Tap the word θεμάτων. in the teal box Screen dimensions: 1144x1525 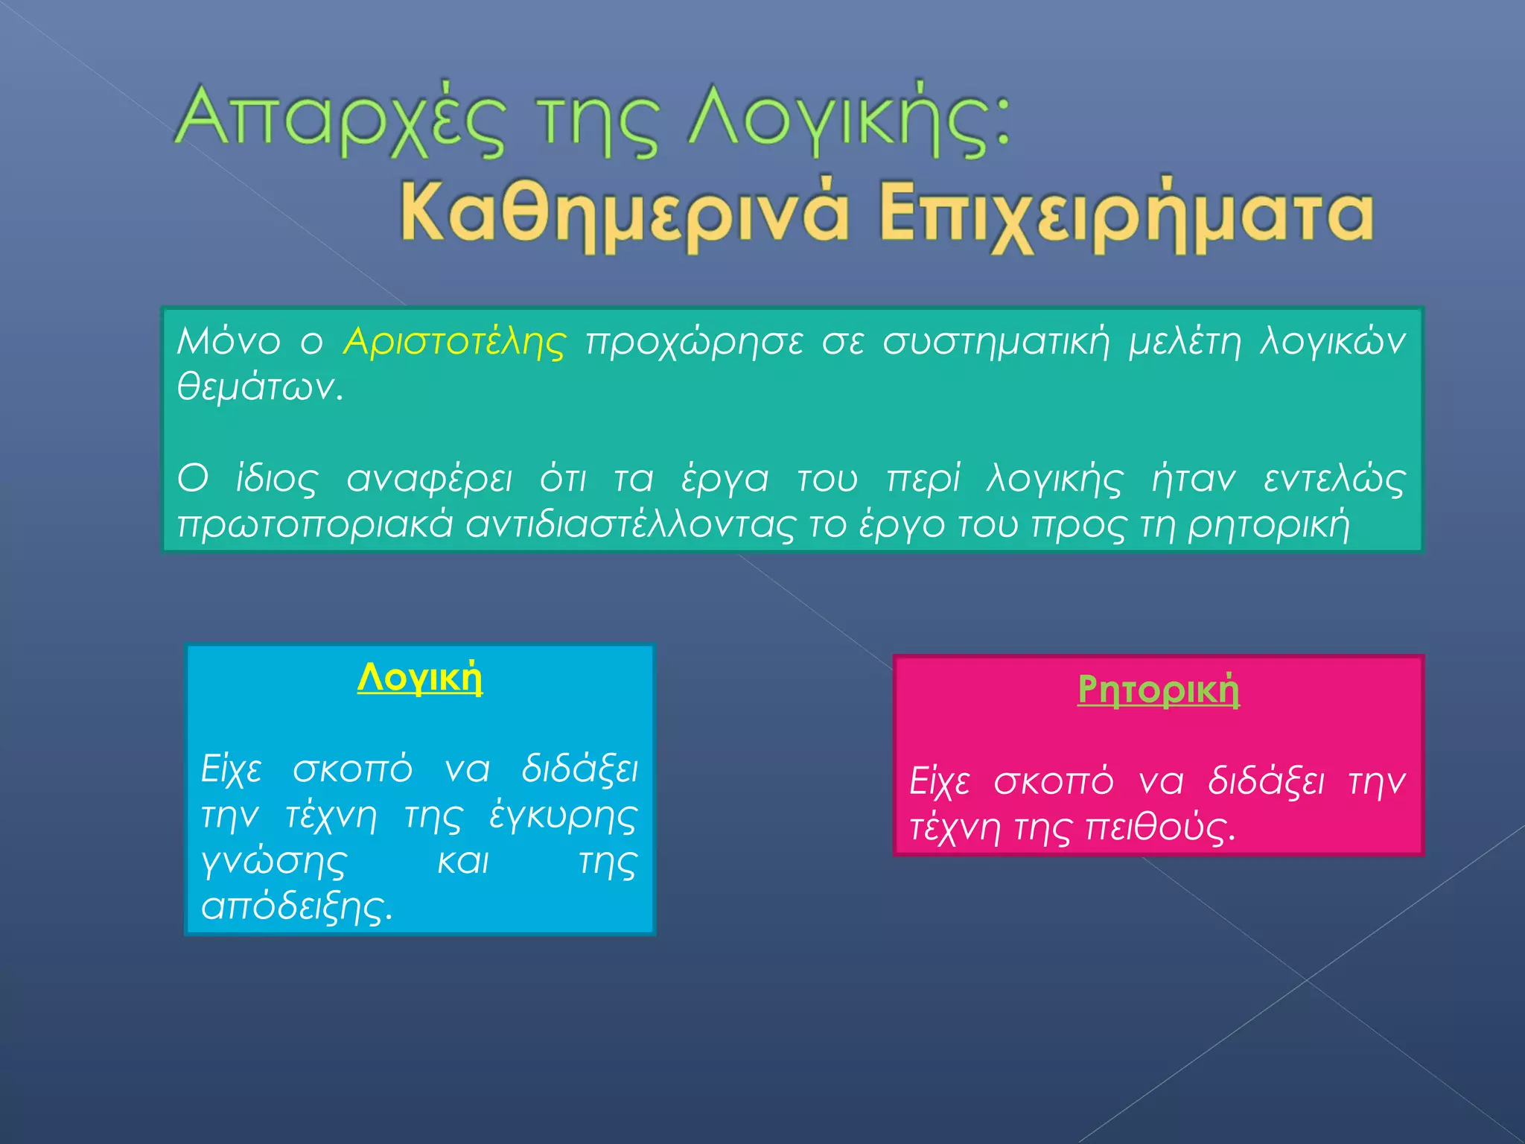tap(260, 387)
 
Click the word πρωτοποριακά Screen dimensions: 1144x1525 tap(315, 524)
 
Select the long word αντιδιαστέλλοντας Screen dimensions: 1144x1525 tap(631, 524)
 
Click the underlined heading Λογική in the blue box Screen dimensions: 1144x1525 tap(420, 679)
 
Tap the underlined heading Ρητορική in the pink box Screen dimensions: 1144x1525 tap(1159, 689)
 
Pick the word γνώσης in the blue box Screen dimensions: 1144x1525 tap(274, 862)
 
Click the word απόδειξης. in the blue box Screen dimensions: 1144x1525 tap(296, 907)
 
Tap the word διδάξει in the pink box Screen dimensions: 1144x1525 tap(1266, 781)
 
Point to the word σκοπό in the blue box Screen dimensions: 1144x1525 tap(352, 769)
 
